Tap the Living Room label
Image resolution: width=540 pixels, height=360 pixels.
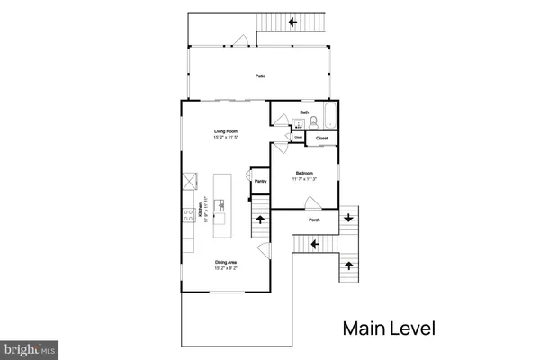click(225, 133)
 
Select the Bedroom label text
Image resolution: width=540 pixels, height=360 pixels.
click(305, 172)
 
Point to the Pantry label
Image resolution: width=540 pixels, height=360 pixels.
click(260, 181)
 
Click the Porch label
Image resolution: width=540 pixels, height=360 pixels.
click(314, 220)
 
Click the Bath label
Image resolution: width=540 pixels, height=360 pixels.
click(304, 112)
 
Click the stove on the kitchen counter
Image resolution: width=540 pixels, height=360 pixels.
click(190, 214)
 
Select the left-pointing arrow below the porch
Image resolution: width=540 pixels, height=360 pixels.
click(316, 243)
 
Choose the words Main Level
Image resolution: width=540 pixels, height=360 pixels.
click(389, 328)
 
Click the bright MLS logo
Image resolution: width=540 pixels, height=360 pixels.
click(31, 347)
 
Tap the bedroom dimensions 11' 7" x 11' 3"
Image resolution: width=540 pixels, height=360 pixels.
click(305, 178)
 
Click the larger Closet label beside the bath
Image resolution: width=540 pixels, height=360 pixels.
click(321, 138)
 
